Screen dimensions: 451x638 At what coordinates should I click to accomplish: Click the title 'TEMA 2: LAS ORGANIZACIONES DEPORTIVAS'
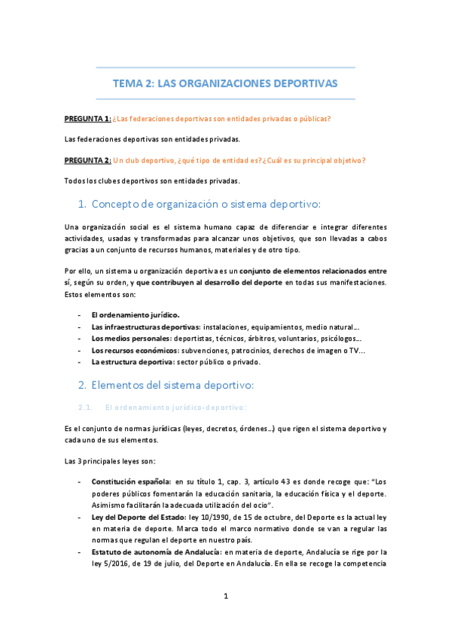[x=225, y=83]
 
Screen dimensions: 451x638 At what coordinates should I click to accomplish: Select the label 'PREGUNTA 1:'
[x=88, y=119]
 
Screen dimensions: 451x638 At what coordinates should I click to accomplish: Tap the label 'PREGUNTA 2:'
[x=88, y=160]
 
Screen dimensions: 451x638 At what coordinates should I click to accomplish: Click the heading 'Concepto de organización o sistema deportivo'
[x=206, y=204]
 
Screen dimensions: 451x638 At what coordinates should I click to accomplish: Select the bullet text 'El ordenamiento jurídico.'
[x=136, y=314]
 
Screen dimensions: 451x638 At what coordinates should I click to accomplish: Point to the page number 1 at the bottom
[x=225, y=596]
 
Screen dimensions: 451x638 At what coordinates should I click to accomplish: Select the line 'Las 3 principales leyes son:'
[x=111, y=460]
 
